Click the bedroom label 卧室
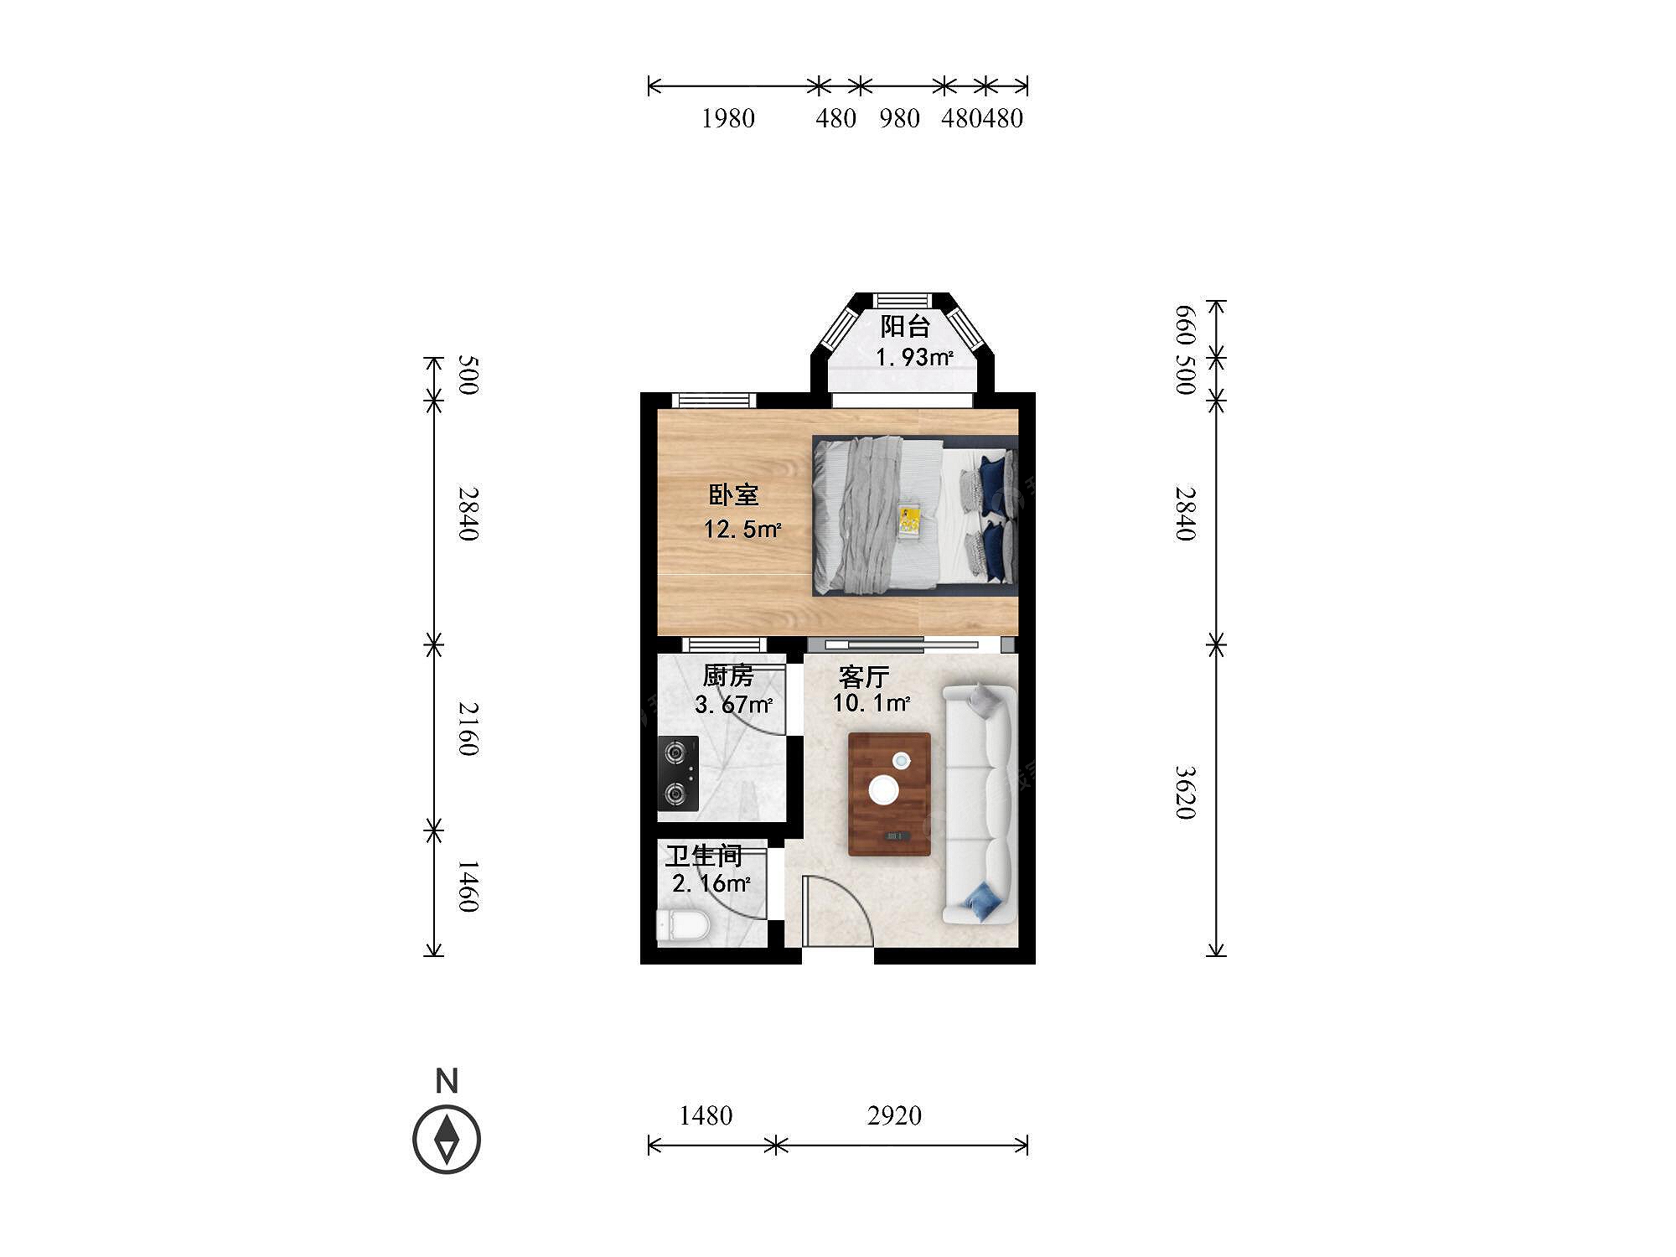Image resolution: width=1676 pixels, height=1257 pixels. pos(733,495)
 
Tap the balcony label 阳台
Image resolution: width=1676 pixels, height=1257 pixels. pos(905,326)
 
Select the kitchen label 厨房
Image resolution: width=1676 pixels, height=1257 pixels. pos(728,675)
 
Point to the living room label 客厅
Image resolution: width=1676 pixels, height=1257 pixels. pos(864,677)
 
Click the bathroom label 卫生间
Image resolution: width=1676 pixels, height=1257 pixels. pos(704,856)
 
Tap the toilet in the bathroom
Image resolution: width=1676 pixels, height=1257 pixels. pos(683,926)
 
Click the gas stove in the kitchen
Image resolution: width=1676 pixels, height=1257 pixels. pos(678,773)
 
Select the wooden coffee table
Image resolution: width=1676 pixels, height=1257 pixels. pos(889,794)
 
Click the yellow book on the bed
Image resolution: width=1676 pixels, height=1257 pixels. pos(909,520)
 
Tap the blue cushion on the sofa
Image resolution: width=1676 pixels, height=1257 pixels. pos(983,902)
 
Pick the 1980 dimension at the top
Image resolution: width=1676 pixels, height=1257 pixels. pos(728,118)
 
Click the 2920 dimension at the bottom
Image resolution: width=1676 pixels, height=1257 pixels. pos(894,1115)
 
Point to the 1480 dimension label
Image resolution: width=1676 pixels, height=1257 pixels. pos(706,1115)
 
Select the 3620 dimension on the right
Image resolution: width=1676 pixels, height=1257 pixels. pos(1184,793)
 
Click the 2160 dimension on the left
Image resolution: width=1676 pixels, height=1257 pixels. pos(468,729)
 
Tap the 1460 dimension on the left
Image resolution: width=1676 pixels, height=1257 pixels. pos(468,886)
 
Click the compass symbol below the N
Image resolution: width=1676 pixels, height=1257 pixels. pos(447,1140)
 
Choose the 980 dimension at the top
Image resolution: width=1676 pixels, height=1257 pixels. pos(900,118)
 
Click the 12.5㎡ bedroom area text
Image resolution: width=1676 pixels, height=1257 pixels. pos(742,530)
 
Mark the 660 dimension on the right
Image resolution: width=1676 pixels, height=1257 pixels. pos(1184,326)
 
